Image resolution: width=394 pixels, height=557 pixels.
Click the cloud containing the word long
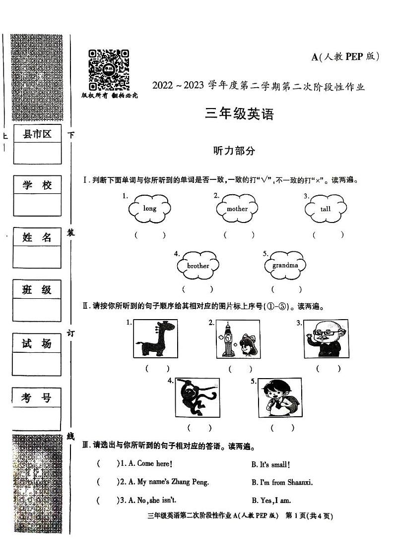click(x=149, y=209)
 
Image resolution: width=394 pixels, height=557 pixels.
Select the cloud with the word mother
click(x=237, y=209)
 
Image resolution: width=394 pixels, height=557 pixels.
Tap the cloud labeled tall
click(x=326, y=209)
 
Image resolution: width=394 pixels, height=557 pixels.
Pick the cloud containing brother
click(x=198, y=266)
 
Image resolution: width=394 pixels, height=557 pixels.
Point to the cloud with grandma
click(x=285, y=265)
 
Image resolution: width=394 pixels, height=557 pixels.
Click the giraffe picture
click(x=155, y=339)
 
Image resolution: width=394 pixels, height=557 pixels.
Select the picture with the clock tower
click(x=237, y=339)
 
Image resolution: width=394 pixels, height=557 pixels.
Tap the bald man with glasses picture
click(x=326, y=339)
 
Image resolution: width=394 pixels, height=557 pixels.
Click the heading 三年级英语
click(x=239, y=114)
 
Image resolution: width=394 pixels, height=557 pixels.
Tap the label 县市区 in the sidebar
click(x=37, y=134)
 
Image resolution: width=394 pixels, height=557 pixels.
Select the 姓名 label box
click(x=37, y=237)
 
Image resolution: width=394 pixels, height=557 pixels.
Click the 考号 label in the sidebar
click(x=37, y=397)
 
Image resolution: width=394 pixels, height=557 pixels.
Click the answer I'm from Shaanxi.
click(x=282, y=482)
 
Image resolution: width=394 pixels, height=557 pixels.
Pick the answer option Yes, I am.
click(x=271, y=500)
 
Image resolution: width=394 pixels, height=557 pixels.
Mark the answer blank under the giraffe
click(x=157, y=368)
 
